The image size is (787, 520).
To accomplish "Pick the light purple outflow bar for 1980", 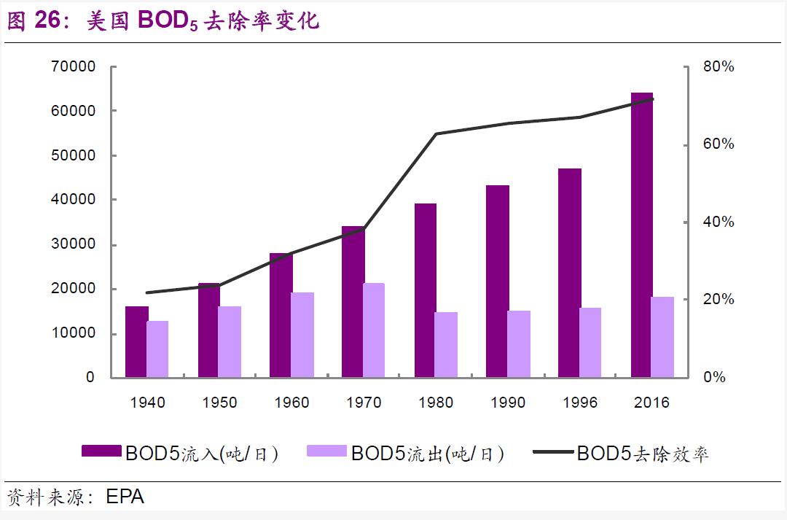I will tap(446, 344).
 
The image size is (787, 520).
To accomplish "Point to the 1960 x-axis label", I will tap(291, 403).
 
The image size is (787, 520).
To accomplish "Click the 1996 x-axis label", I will tap(580, 403).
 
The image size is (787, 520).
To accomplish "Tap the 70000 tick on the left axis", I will tap(74, 67).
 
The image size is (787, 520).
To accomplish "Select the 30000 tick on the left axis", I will tap(74, 244).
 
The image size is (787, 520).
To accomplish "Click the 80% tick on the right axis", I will tap(719, 67).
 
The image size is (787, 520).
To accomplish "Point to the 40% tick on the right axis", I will tap(719, 222).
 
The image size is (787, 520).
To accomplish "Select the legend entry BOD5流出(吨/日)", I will tap(405, 454).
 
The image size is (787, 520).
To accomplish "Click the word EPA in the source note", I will tap(125, 497).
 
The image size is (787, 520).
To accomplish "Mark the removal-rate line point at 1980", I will tap(436, 133).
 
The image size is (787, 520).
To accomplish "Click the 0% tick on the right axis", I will tap(713, 377).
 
